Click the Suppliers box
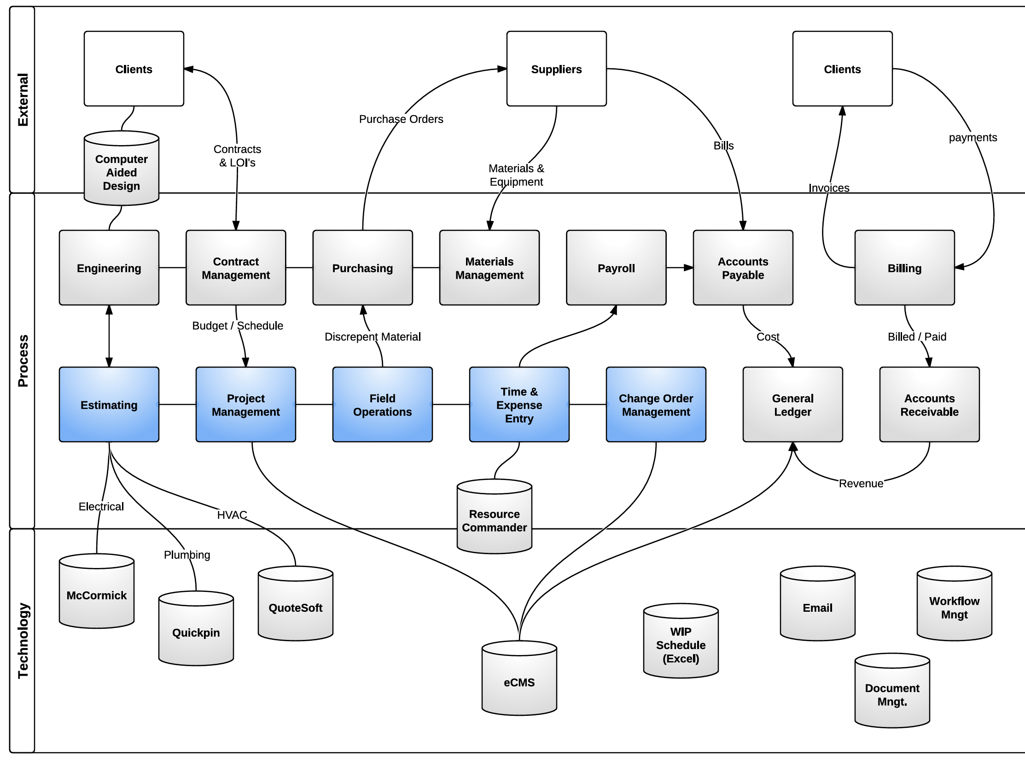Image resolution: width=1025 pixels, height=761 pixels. coord(556,69)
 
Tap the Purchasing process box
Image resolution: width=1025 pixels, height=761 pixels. coord(362,268)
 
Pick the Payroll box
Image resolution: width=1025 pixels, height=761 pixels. coord(616,268)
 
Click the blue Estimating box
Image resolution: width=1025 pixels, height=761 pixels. coord(109,404)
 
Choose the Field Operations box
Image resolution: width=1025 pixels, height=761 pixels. coord(382,404)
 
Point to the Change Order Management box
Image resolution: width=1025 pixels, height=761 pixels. coord(656,404)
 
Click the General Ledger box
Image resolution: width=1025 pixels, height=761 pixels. coord(792,404)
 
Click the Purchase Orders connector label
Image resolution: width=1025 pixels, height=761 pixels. coord(401,119)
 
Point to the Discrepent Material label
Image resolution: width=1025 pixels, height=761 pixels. coord(373,337)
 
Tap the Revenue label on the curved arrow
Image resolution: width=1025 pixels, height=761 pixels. coord(861,483)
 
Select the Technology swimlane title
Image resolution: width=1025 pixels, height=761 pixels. coord(23,640)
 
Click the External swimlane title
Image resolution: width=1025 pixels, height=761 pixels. coord(23,100)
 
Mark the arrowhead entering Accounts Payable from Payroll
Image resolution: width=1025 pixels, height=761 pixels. coord(688,268)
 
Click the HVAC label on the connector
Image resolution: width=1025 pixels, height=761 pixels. coord(232,515)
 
